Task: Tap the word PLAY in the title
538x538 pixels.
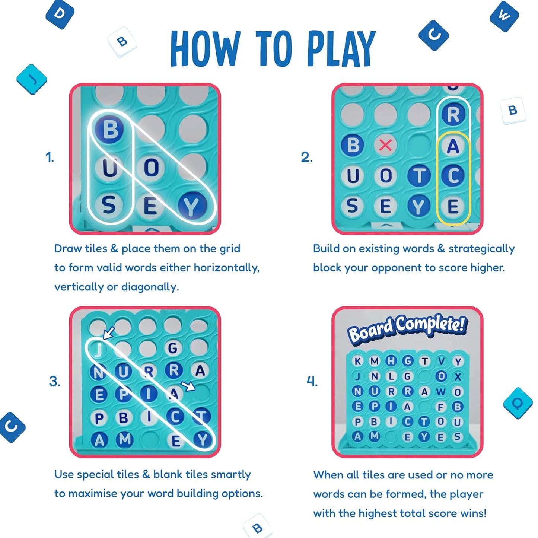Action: coord(341,48)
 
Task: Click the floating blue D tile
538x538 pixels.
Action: coord(60,14)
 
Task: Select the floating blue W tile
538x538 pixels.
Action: coord(504,16)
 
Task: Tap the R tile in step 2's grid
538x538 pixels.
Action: coord(453,114)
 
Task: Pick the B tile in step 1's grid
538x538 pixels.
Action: coord(109,130)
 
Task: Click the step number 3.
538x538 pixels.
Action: coord(54,381)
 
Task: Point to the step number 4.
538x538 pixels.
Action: coord(312,381)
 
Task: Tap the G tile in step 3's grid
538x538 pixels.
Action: coord(172,348)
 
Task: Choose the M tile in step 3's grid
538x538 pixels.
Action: coord(124,439)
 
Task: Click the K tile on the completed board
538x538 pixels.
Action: coord(358,361)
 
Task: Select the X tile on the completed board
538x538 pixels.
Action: coord(458,377)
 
